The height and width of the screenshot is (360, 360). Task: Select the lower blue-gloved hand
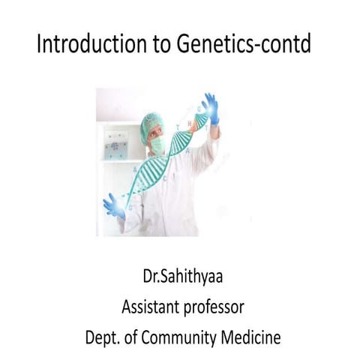coord(113,204)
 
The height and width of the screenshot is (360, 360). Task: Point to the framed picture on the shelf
coord(115,144)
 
